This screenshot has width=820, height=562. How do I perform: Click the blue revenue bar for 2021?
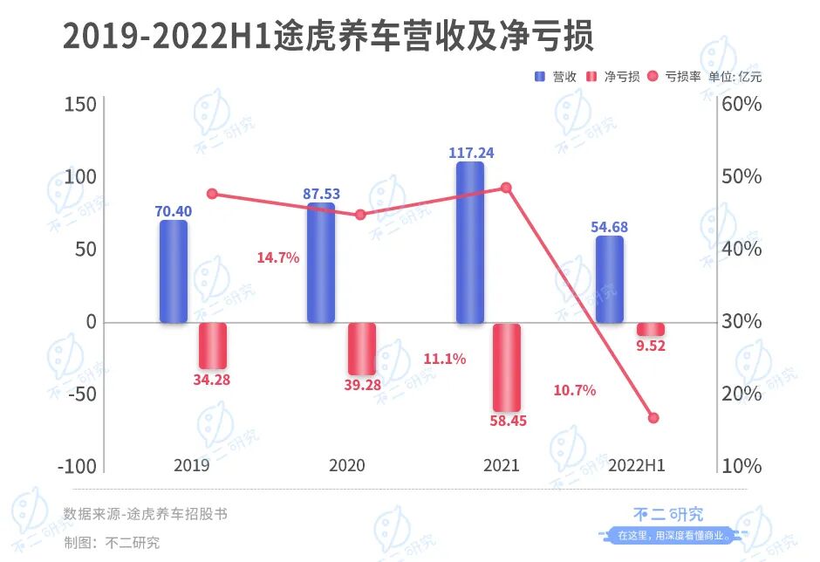coord(469,243)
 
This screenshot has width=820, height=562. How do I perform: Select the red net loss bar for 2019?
coord(213,346)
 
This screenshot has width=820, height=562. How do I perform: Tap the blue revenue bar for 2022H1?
coord(610,279)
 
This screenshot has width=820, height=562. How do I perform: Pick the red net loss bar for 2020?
coord(362,349)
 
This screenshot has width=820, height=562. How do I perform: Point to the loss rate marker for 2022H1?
coord(653,418)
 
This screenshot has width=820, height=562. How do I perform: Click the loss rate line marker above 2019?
coord(212,194)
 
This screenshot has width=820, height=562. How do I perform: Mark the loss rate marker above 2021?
coord(506,188)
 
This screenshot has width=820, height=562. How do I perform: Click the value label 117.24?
coord(471,153)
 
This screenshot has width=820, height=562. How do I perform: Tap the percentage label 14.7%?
coord(278,257)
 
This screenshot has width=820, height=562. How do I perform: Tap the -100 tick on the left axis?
coord(76,465)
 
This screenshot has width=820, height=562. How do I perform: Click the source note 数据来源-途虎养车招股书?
coord(146,514)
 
